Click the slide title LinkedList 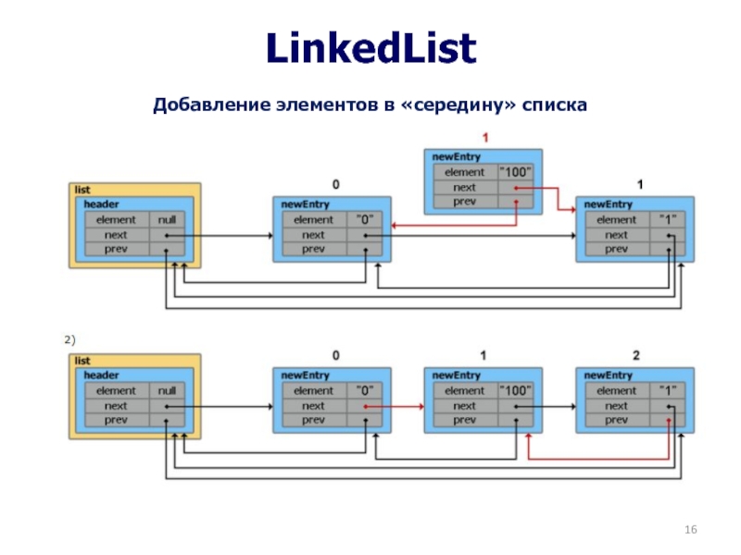[x=371, y=48]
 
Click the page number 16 [x=690, y=529]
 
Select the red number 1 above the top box [x=484, y=138]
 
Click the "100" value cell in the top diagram [x=516, y=172]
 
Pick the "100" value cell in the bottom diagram [x=516, y=390]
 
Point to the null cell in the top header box [x=167, y=220]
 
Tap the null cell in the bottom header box [x=167, y=390]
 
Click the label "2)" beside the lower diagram [x=69, y=339]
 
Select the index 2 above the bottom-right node [x=636, y=355]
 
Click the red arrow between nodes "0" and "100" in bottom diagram [x=395, y=406]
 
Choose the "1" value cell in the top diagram [x=667, y=220]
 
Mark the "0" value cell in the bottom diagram [x=364, y=390]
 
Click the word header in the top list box [x=101, y=204]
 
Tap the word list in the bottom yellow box [x=82, y=361]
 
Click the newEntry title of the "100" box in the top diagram [x=456, y=156]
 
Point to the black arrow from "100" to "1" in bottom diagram [x=546, y=406]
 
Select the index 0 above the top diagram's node [x=335, y=184]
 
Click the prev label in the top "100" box [x=464, y=202]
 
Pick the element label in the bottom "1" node [x=616, y=390]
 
